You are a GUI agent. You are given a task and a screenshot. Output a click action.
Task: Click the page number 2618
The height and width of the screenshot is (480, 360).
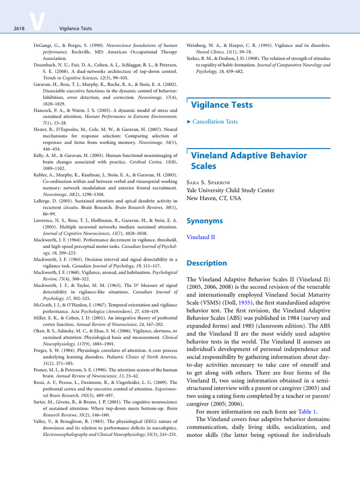[19, 29]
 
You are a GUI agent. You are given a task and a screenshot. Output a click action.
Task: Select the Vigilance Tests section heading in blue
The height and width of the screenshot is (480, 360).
[222, 105]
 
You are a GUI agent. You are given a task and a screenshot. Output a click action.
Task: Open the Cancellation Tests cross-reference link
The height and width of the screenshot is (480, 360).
[215, 121]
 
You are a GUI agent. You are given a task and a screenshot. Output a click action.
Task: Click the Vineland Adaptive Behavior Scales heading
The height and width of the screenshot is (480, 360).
[249, 160]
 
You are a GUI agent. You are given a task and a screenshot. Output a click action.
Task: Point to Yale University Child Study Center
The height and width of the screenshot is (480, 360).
[230, 190]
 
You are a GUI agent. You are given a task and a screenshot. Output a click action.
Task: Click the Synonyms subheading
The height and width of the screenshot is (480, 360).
[204, 221]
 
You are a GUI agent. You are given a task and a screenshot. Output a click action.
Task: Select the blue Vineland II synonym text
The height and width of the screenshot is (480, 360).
[201, 237]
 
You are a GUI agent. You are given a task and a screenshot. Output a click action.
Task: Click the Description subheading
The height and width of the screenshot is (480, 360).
[206, 263]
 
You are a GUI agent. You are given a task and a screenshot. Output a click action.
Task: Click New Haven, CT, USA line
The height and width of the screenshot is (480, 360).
[214, 198]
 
